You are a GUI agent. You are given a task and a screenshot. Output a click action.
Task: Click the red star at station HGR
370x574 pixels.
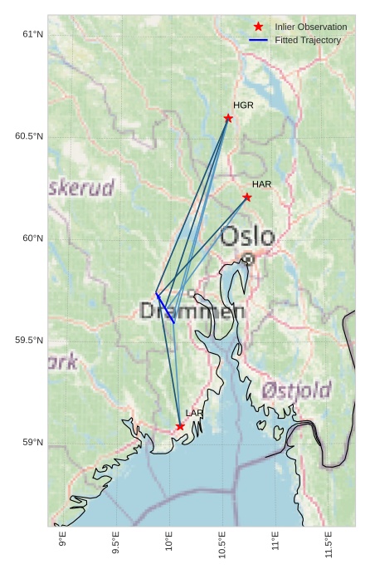click(x=228, y=118)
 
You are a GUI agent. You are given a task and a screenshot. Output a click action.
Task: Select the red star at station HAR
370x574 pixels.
click(x=247, y=197)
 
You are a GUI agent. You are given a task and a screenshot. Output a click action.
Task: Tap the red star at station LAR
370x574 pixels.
click(x=180, y=426)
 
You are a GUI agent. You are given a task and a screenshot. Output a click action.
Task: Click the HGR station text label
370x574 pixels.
click(x=243, y=105)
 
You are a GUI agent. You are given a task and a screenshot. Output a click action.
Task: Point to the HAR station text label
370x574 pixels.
click(x=261, y=184)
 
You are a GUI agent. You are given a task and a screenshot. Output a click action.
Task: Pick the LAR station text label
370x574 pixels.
click(x=194, y=413)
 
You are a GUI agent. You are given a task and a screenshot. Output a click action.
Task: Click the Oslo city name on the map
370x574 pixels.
click(x=247, y=237)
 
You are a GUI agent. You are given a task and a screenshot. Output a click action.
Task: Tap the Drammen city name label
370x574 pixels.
click(x=192, y=312)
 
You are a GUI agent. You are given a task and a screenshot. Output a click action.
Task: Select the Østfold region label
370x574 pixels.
click(x=296, y=390)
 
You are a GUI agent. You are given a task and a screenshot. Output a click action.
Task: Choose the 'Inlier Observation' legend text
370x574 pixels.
click(x=310, y=27)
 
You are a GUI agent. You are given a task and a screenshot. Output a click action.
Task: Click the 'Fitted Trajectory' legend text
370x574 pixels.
click(x=308, y=40)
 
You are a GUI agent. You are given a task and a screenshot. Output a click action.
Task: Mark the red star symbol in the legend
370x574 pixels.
click(x=259, y=27)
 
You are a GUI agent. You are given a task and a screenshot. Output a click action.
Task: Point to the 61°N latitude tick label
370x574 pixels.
click(x=32, y=34)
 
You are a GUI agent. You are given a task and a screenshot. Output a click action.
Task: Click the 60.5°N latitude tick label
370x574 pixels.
click(x=29, y=136)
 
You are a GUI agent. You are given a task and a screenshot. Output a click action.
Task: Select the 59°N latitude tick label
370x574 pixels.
click(x=32, y=443)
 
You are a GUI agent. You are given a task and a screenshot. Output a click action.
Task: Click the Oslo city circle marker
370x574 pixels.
click(x=247, y=259)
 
